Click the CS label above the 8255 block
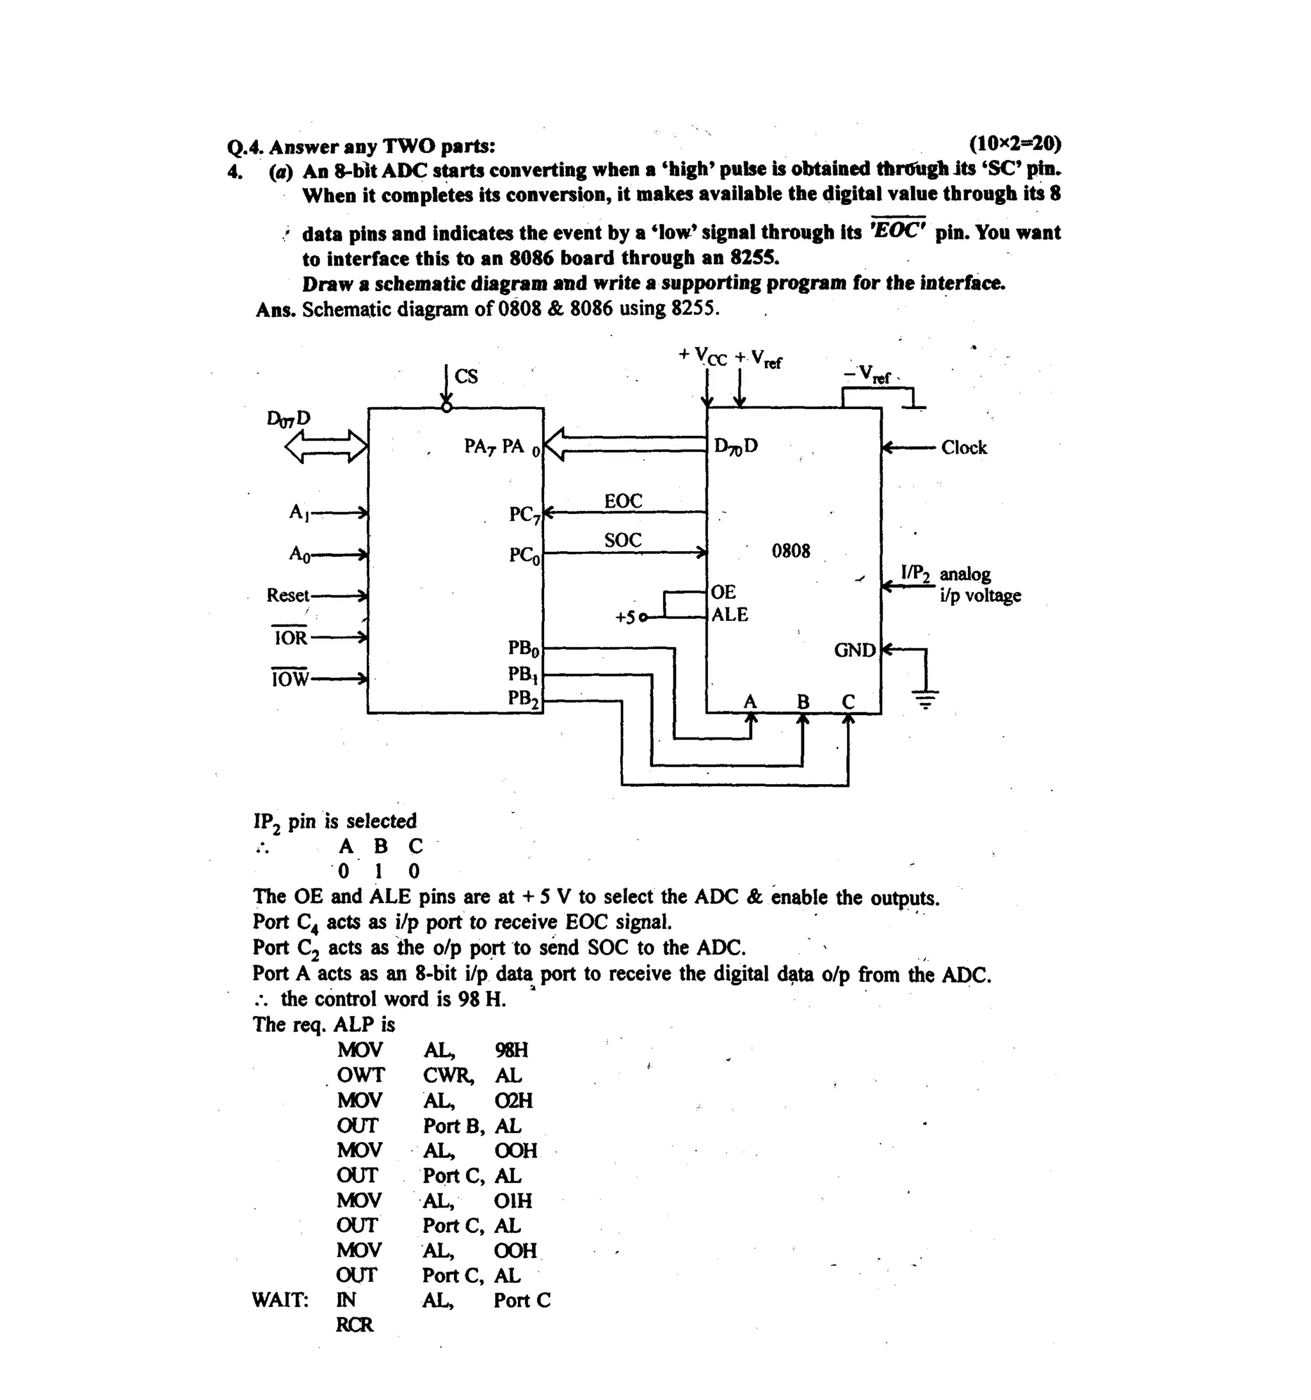tap(465, 377)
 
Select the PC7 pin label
tap(524, 515)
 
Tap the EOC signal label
tap(622, 501)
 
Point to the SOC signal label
tap(622, 540)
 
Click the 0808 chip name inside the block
tap(790, 551)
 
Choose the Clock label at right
tap(963, 448)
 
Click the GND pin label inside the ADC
tap(854, 650)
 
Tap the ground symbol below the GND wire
tap(925, 699)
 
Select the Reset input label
tap(287, 596)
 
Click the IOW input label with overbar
tap(289, 679)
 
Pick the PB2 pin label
tap(523, 698)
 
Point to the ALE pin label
tap(728, 615)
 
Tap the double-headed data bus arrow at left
tap(325, 446)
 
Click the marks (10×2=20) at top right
tap(1014, 143)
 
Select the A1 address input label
tap(298, 512)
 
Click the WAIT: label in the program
tap(280, 1300)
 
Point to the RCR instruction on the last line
tap(354, 1324)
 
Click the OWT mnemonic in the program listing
tap(360, 1075)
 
